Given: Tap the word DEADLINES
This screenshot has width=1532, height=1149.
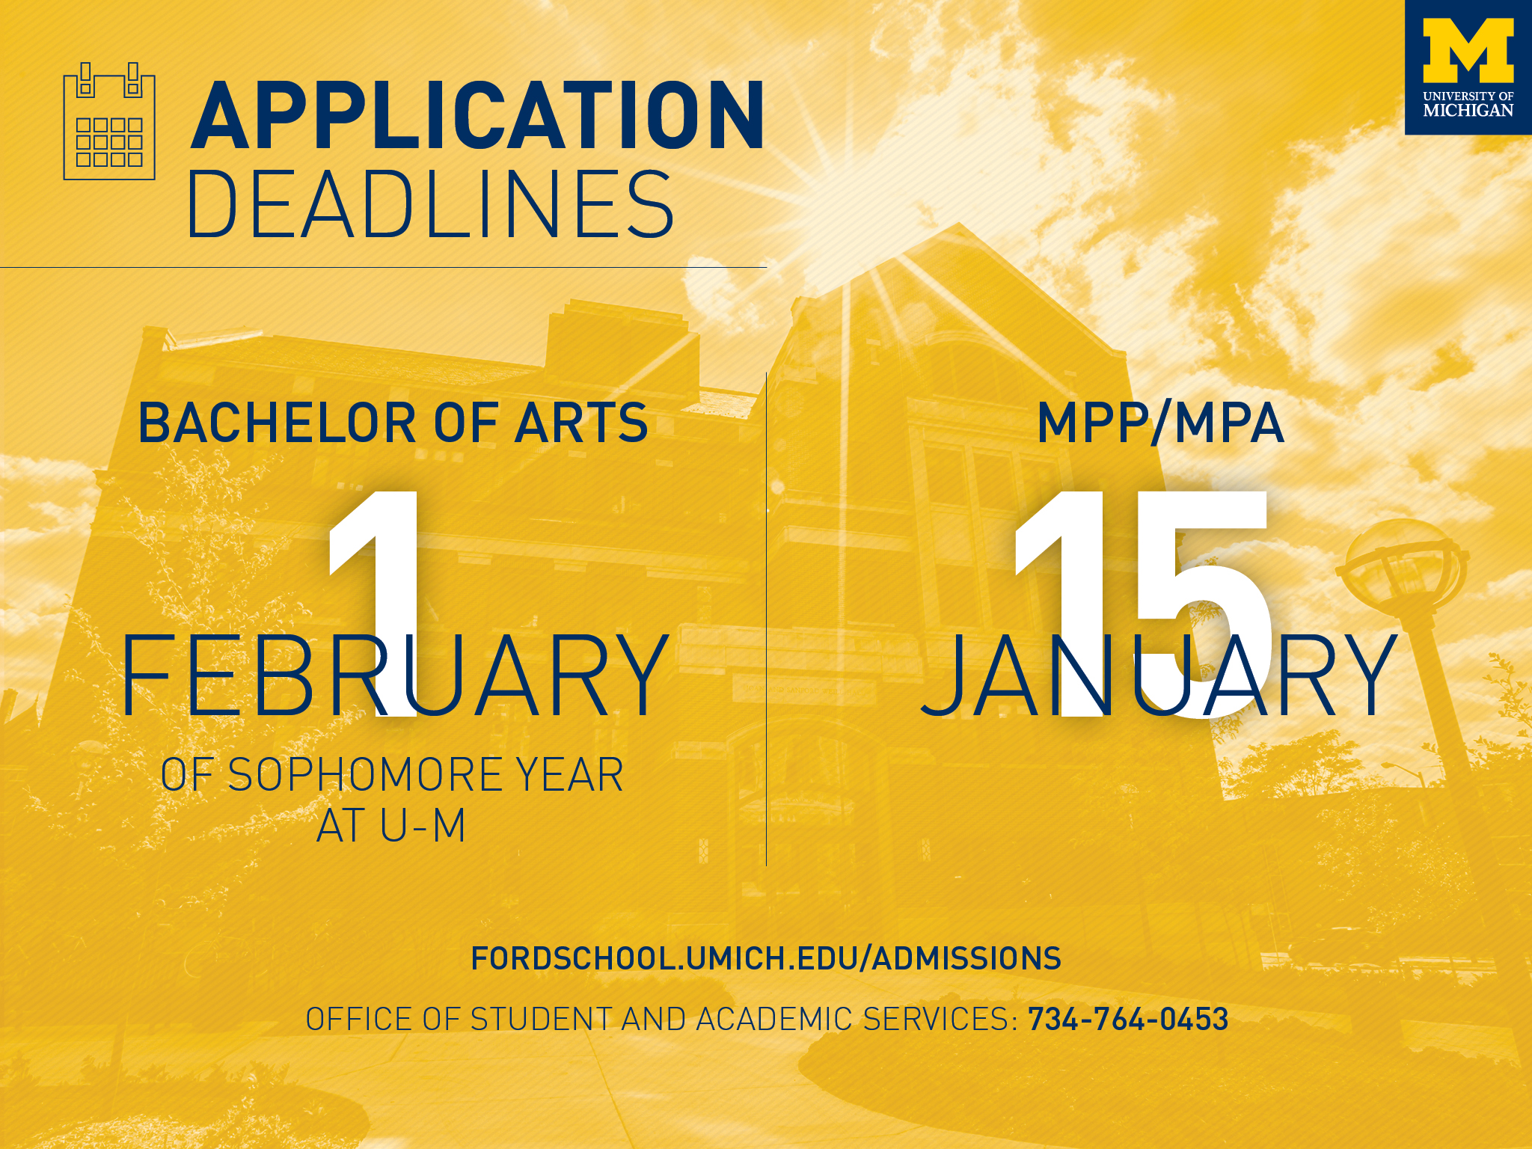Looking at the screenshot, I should tap(431, 204).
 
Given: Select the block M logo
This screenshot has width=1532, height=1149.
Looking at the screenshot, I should tap(1468, 50).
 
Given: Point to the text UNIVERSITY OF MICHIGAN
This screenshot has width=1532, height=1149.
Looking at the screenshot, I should tap(1468, 104).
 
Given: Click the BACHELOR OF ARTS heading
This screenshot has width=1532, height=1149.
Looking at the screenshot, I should tap(393, 423).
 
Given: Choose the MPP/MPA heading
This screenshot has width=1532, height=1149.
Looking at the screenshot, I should tap(1160, 423).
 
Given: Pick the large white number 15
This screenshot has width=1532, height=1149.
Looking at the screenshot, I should tap(1141, 598).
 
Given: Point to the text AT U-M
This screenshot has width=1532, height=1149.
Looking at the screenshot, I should tap(391, 826).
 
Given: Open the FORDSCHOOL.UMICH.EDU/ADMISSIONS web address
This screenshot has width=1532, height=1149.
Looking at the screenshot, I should tap(765, 958).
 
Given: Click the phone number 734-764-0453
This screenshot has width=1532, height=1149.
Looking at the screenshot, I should tap(1128, 1020).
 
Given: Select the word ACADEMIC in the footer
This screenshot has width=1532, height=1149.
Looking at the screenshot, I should tap(774, 1020).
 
